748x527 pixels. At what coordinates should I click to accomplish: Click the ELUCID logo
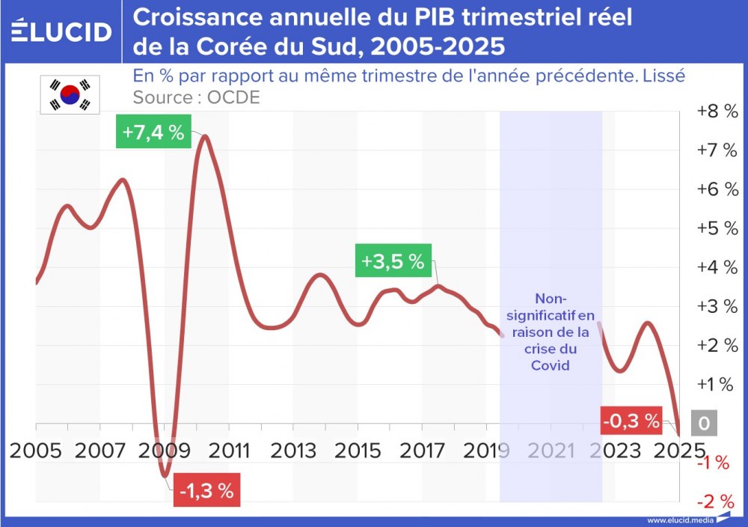pyautogui.click(x=61, y=31)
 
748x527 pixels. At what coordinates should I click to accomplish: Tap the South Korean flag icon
pyautogui.click(x=70, y=94)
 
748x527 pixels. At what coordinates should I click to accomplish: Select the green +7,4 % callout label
pyautogui.click(x=153, y=132)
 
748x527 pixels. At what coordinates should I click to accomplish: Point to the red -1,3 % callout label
pyautogui.click(x=205, y=491)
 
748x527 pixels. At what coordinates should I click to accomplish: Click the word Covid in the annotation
pyautogui.click(x=551, y=365)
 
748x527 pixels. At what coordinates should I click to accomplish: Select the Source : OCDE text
pyautogui.click(x=196, y=97)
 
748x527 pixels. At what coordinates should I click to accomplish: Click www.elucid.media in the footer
pyautogui.click(x=679, y=520)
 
